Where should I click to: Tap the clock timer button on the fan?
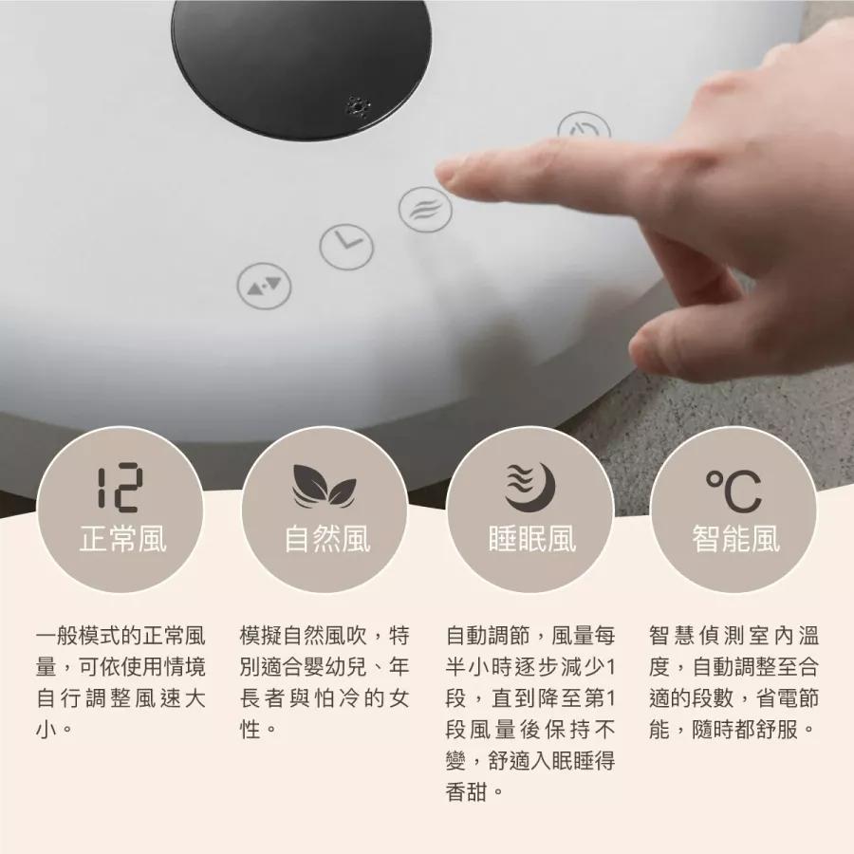(x=346, y=247)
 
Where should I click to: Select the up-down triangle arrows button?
(x=264, y=286)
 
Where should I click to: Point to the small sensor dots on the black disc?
(x=359, y=106)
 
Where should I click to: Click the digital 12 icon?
(x=120, y=487)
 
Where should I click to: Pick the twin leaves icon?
(x=325, y=485)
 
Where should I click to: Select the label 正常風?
(x=122, y=539)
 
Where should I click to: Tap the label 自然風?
(x=326, y=539)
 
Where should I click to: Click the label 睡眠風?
(x=531, y=539)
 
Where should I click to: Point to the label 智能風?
(x=735, y=539)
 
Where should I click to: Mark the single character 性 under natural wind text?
(x=250, y=730)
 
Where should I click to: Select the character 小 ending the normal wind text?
(x=46, y=730)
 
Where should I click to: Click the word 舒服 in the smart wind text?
(x=776, y=730)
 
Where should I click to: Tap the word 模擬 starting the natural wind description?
(x=261, y=636)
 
